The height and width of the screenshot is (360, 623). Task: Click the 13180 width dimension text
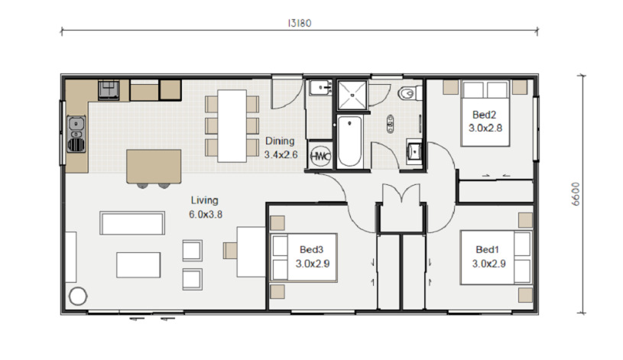tap(300, 23)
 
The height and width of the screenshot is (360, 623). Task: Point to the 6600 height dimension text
tap(576, 194)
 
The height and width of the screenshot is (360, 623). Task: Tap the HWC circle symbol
tap(320, 156)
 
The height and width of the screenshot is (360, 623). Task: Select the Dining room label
tap(280, 141)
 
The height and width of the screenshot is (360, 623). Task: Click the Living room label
tap(205, 200)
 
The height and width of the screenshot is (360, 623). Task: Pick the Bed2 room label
tap(485, 115)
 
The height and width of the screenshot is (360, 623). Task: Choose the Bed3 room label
tap(312, 249)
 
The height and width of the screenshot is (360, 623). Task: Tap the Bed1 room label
tap(487, 249)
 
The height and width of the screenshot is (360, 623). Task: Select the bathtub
tap(349, 141)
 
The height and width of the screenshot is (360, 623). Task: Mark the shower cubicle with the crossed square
tap(352, 95)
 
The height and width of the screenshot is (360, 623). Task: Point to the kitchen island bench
tap(154, 166)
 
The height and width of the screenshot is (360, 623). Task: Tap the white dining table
tap(232, 125)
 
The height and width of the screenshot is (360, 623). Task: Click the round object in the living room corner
tap(78, 296)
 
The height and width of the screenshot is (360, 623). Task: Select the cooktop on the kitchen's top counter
tap(109, 89)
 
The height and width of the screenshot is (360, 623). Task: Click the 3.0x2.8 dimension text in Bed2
tap(485, 128)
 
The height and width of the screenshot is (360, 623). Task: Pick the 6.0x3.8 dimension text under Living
tap(206, 215)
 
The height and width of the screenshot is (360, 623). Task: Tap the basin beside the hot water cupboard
tap(414, 151)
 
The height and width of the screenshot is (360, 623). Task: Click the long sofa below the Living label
tap(132, 223)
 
